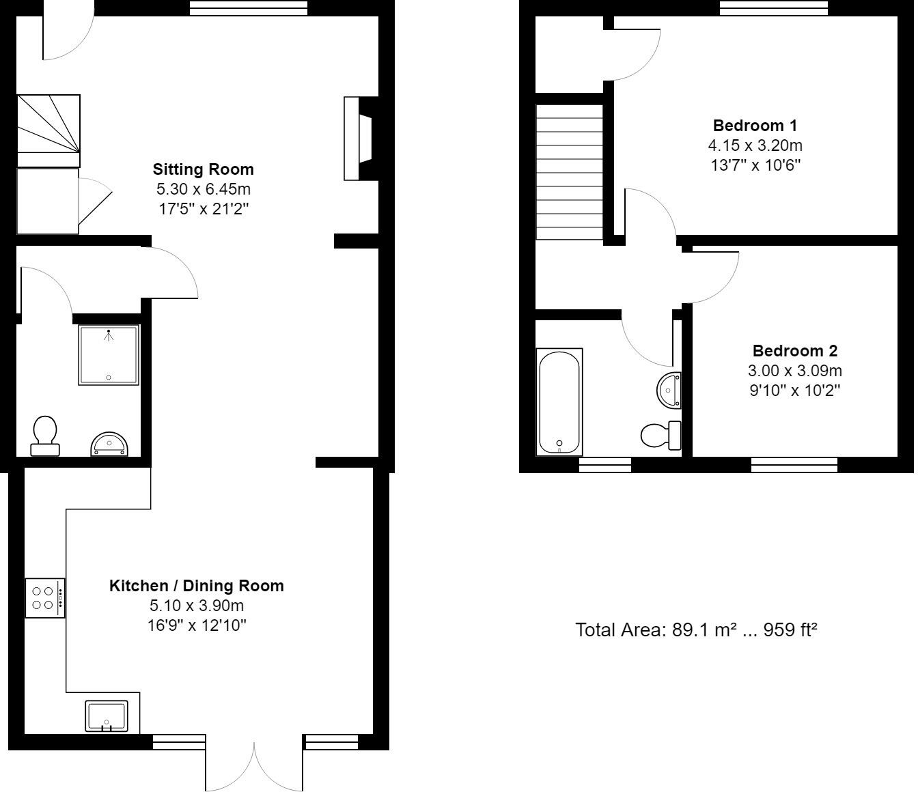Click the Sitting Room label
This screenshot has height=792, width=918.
[203, 169]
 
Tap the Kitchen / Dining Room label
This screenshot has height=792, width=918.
[196, 586]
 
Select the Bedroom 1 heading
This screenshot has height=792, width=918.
[755, 126]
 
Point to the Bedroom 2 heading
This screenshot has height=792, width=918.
[794, 351]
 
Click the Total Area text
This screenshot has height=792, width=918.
[696, 630]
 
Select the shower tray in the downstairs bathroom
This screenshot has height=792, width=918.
[109, 355]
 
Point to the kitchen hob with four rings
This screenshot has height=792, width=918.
[45, 598]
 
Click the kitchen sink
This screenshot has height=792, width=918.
[107, 716]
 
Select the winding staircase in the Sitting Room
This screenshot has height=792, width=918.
[48, 130]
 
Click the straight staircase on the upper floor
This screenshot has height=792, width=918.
[569, 171]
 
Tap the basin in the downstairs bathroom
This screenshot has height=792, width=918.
[109, 444]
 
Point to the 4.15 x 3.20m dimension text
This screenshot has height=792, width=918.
[755, 145]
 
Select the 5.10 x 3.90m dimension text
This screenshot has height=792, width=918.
[196, 606]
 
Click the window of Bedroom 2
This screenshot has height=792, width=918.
[794, 465]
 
